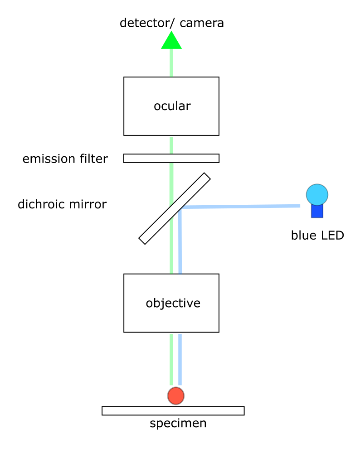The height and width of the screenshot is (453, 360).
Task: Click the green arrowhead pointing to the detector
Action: (x=171, y=41)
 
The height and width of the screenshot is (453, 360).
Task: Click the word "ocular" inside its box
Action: (x=172, y=106)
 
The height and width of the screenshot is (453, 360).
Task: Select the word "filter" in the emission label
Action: (x=95, y=159)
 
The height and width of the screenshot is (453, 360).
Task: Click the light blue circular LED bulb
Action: (x=317, y=195)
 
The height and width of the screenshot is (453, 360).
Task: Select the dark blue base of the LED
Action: (x=317, y=211)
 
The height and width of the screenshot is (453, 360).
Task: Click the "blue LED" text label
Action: (x=317, y=236)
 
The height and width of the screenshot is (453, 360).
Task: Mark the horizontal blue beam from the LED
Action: (x=240, y=207)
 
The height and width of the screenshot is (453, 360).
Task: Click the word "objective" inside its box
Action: (x=173, y=303)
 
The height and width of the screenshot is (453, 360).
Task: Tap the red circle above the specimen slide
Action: (x=176, y=395)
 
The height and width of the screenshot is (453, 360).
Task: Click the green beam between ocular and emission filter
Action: (x=171, y=145)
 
